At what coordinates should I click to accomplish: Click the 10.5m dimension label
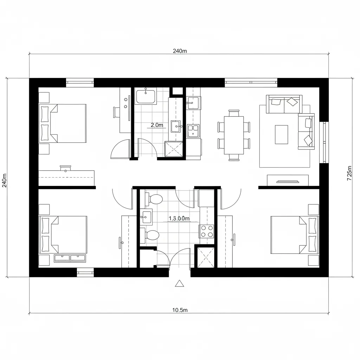click(180, 310)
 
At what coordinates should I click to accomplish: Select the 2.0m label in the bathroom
click(157, 125)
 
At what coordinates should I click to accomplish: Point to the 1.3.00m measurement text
click(179, 218)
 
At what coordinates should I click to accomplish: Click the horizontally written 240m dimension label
click(180, 51)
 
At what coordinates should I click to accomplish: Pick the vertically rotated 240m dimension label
click(4, 180)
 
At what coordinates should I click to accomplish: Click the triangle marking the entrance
click(180, 283)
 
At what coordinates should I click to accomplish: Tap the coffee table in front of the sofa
click(281, 134)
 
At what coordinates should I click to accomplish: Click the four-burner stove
click(207, 231)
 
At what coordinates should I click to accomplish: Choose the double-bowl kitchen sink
click(193, 130)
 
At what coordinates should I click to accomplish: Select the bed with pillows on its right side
click(295, 235)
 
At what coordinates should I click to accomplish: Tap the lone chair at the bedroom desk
click(117, 112)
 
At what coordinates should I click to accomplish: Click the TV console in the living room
click(288, 180)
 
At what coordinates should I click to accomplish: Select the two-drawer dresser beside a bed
click(70, 258)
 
